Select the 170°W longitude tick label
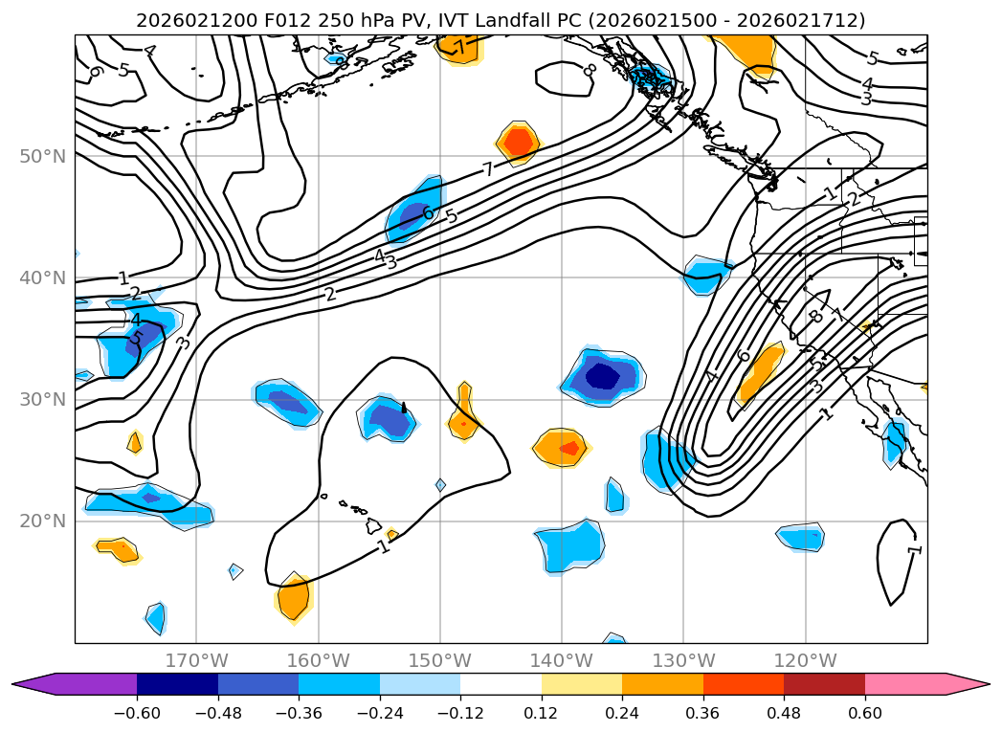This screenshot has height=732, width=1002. click(196, 660)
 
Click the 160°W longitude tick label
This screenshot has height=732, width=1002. click(318, 660)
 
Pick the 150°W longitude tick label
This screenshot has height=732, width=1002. click(440, 660)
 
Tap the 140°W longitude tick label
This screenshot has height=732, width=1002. click(562, 660)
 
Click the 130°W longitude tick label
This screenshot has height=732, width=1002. click(683, 660)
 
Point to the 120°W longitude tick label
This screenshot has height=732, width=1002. click(806, 660)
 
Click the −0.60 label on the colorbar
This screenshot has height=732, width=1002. click(137, 713)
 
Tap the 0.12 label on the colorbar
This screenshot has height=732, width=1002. click(542, 713)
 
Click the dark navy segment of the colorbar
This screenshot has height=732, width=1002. click(177, 684)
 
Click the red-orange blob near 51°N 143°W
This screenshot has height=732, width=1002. click(518, 142)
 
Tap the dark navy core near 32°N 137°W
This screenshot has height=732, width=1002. click(603, 375)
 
